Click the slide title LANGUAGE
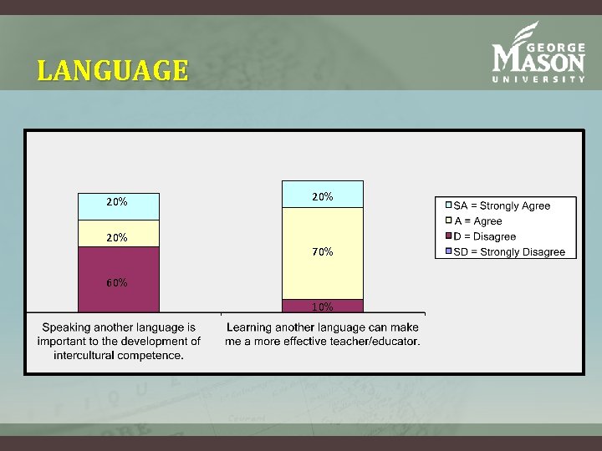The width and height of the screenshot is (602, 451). [112, 70]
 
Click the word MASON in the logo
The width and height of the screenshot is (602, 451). [538, 60]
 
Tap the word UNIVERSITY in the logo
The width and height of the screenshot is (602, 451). [538, 79]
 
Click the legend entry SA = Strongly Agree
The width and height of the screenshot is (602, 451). [502, 205]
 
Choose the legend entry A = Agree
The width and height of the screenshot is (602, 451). [478, 221]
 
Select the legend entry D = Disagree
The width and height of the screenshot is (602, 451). [484, 236]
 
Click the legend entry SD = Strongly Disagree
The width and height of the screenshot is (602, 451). [508, 251]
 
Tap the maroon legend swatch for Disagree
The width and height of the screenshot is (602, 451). [448, 236]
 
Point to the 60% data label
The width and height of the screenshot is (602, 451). [117, 282]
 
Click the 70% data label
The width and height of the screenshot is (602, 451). [323, 251]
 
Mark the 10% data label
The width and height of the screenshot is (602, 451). [323, 307]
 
